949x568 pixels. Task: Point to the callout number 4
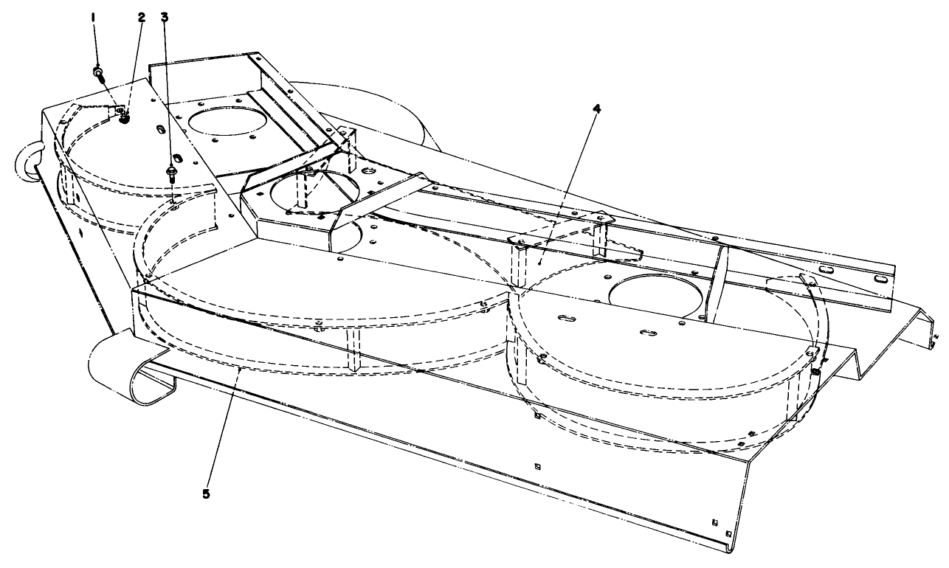click(596, 108)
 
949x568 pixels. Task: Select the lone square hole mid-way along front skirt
click(536, 465)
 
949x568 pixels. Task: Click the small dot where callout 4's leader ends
click(541, 260)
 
